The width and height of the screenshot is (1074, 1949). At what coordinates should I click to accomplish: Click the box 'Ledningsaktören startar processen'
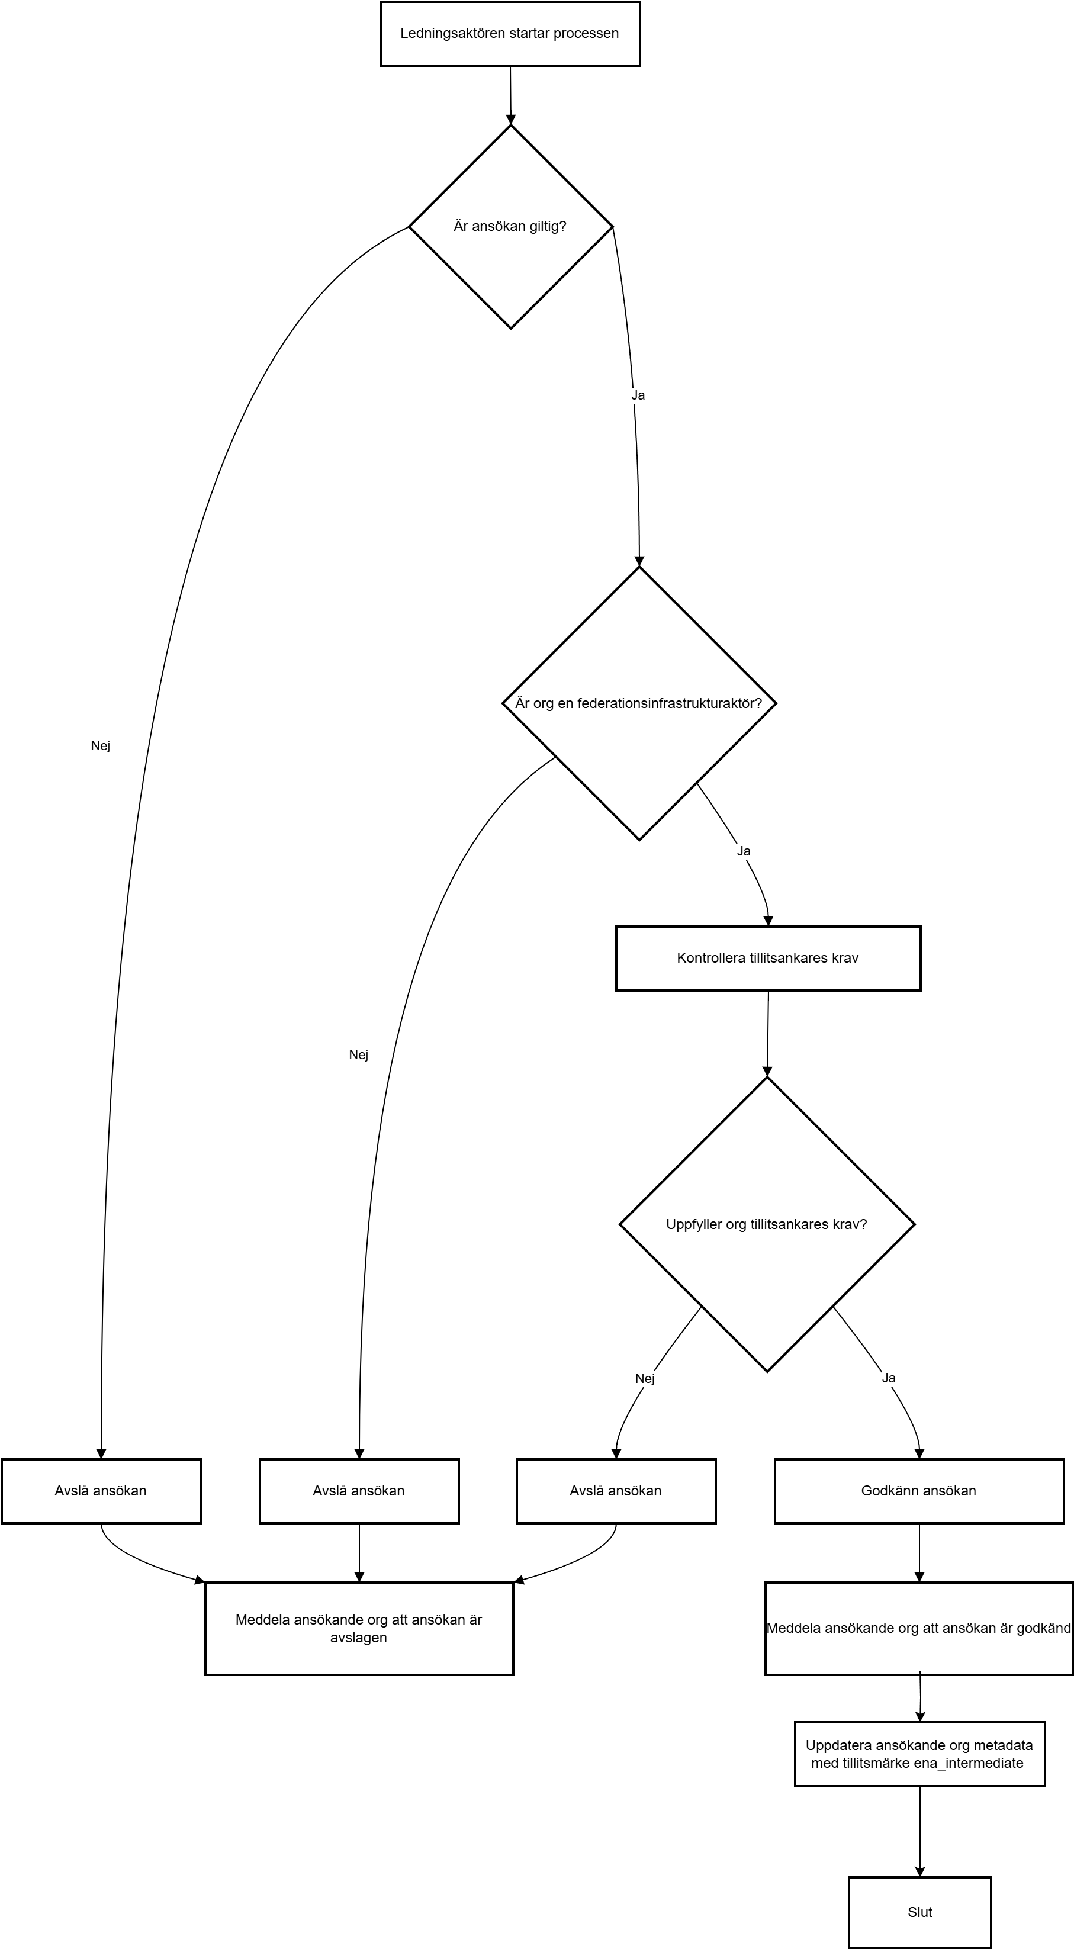[510, 33]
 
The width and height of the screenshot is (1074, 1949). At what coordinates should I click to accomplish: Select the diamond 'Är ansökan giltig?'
[511, 226]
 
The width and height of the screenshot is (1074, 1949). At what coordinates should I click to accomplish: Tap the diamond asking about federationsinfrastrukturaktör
[639, 703]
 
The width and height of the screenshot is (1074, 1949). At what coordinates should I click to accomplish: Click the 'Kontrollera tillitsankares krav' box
[768, 958]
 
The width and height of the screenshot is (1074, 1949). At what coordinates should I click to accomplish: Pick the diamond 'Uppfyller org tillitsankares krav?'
[767, 1224]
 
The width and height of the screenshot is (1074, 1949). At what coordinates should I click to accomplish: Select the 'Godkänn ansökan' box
[919, 1491]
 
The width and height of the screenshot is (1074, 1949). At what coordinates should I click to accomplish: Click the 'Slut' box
[919, 1912]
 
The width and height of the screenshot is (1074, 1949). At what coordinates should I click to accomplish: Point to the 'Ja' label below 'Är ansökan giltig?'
[638, 395]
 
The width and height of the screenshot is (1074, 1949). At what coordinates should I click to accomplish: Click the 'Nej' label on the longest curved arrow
[101, 746]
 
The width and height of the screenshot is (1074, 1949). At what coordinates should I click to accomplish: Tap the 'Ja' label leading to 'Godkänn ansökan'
[889, 1378]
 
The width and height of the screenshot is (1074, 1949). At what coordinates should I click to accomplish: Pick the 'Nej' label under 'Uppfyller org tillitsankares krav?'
[645, 1378]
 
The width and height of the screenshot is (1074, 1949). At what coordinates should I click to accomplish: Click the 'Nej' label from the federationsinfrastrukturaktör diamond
[359, 1054]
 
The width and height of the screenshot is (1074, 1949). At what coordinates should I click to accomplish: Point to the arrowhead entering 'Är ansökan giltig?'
[511, 119]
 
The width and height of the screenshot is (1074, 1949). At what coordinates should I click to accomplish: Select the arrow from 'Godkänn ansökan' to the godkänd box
[919, 1552]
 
